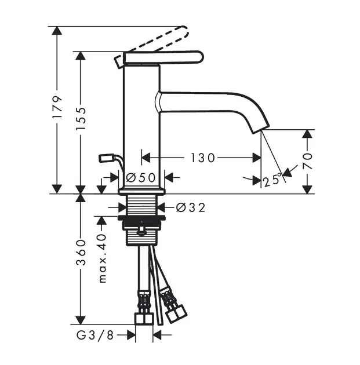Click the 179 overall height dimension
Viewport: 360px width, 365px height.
pyautogui.click(x=57, y=107)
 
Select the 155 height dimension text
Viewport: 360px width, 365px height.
pyautogui.click(x=81, y=119)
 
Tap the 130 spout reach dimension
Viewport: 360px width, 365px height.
pyautogui.click(x=202, y=158)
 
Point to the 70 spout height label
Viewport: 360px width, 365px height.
pyautogui.click(x=308, y=161)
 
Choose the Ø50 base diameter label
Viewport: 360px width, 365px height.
pyautogui.click(x=140, y=178)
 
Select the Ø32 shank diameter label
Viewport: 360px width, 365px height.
pyautogui.click(x=191, y=207)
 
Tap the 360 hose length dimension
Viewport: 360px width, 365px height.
pyautogui.click(x=81, y=253)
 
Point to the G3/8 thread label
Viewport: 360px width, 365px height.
pyautogui.click(x=95, y=335)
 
